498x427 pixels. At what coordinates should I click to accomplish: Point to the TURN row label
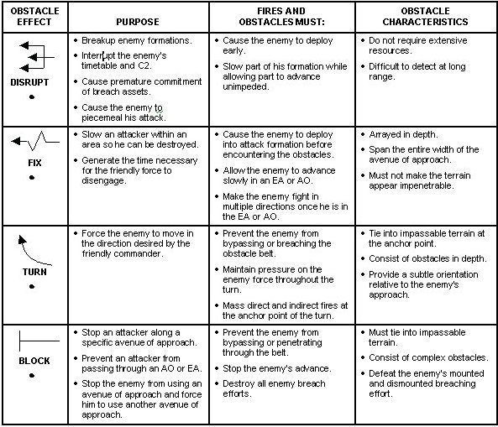coord(34,273)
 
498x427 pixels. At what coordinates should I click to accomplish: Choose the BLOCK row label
coord(34,362)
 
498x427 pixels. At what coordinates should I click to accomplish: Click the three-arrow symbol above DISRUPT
coord(34,58)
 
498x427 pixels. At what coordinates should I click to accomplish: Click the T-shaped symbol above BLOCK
coord(34,341)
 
